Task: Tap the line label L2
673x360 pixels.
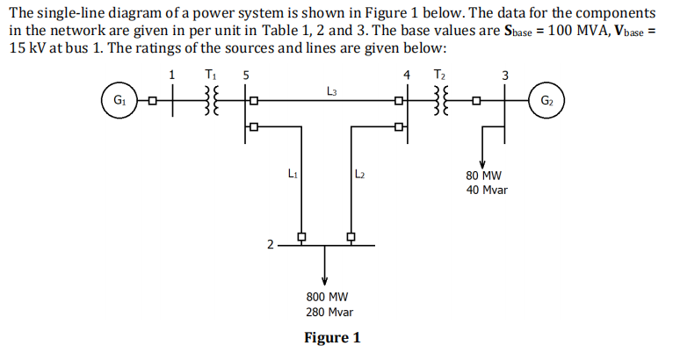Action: pyautogui.click(x=360, y=174)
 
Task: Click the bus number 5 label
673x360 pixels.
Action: pyautogui.click(x=246, y=75)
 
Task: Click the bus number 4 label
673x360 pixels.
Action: pyautogui.click(x=406, y=75)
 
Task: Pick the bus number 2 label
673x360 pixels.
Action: pyautogui.click(x=271, y=243)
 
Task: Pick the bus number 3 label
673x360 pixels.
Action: pyautogui.click(x=504, y=75)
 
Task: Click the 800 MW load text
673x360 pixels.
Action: pyautogui.click(x=327, y=297)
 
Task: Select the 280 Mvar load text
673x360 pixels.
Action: pyautogui.click(x=327, y=312)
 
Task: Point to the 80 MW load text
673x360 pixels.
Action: pyautogui.click(x=483, y=175)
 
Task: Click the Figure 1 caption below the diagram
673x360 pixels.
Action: pyautogui.click(x=331, y=338)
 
